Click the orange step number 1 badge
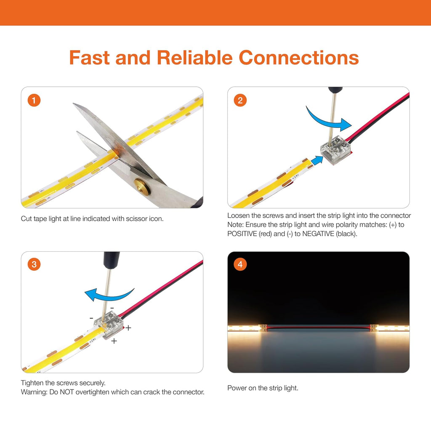[x=34, y=100]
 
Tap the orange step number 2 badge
[x=240, y=100]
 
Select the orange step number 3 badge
[x=34, y=264]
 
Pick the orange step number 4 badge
[x=240, y=264]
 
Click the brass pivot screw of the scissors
[x=142, y=187]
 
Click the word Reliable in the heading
[x=194, y=58]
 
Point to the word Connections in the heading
[x=299, y=58]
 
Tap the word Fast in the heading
[x=90, y=58]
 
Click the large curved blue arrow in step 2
[x=327, y=121]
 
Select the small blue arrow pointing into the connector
[x=317, y=160]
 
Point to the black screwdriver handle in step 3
[x=112, y=259]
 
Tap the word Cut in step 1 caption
[x=26, y=219]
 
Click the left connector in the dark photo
[x=263, y=328]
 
